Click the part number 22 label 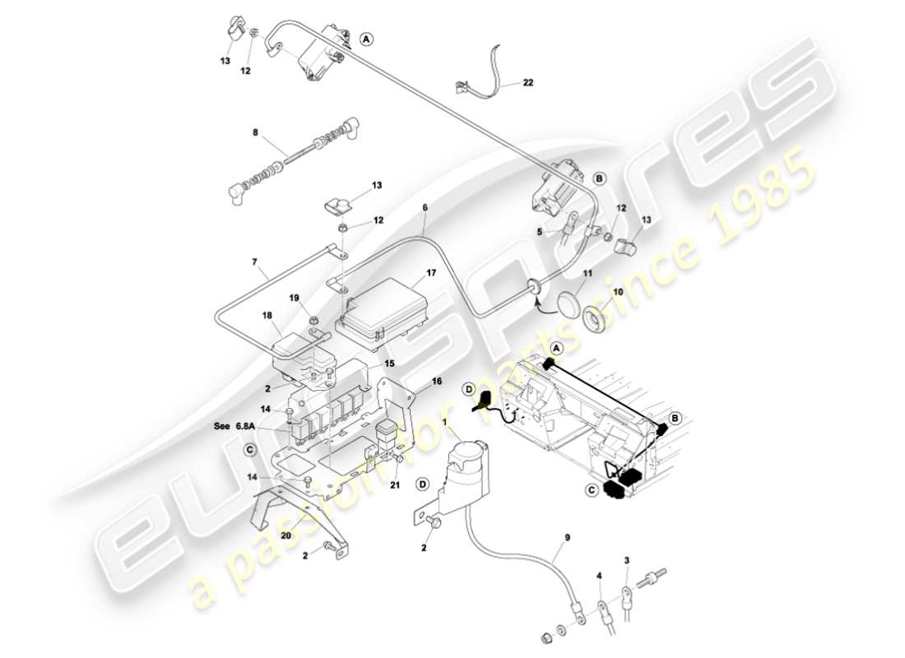pyautogui.click(x=528, y=82)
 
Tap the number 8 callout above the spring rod pyautogui.click(x=255, y=132)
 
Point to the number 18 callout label pyautogui.click(x=267, y=315)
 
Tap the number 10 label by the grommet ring pyautogui.click(x=618, y=292)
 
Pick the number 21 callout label pyautogui.click(x=395, y=484)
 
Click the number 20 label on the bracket pyautogui.click(x=286, y=535)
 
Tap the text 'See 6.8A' pyautogui.click(x=234, y=426)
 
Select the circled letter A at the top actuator pyautogui.click(x=367, y=38)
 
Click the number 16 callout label pyautogui.click(x=437, y=382)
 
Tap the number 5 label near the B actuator pyautogui.click(x=541, y=232)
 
